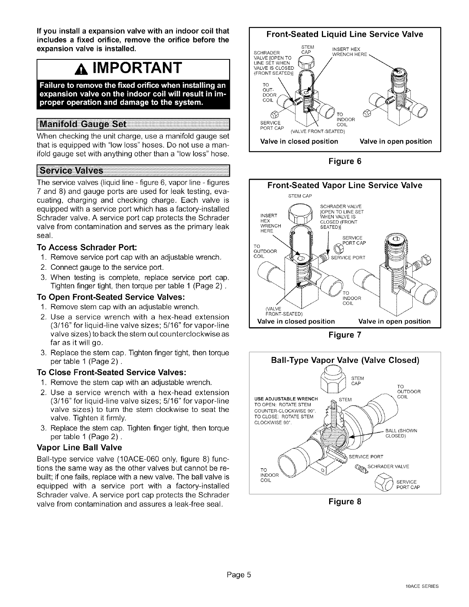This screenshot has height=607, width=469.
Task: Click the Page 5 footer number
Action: pos(234,576)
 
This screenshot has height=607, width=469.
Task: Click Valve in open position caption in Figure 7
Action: pos(394,321)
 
